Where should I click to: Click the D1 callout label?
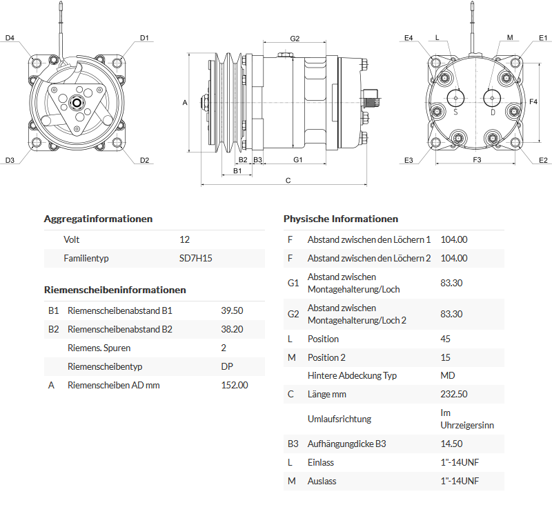[x=144, y=38]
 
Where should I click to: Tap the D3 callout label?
[x=10, y=161]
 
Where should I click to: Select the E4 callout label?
[x=408, y=38]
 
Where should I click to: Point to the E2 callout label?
[x=543, y=161]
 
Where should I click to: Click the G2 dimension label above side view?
[x=295, y=39]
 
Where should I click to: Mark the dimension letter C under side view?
[x=288, y=181]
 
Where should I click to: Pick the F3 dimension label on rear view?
[x=477, y=160]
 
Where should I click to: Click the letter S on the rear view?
[x=455, y=112]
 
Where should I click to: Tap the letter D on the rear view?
[x=493, y=112]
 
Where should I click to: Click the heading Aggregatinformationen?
[x=98, y=219]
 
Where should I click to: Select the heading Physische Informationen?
[x=341, y=219]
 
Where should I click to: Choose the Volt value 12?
[x=184, y=239]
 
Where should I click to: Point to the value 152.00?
[x=234, y=385]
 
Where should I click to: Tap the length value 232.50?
[x=454, y=394]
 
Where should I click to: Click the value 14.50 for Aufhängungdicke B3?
[x=451, y=444]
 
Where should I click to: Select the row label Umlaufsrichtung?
[x=339, y=419]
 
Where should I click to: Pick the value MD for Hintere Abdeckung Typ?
[x=447, y=375]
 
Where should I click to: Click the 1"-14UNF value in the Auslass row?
[x=460, y=481]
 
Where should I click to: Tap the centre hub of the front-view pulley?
[x=76, y=104]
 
